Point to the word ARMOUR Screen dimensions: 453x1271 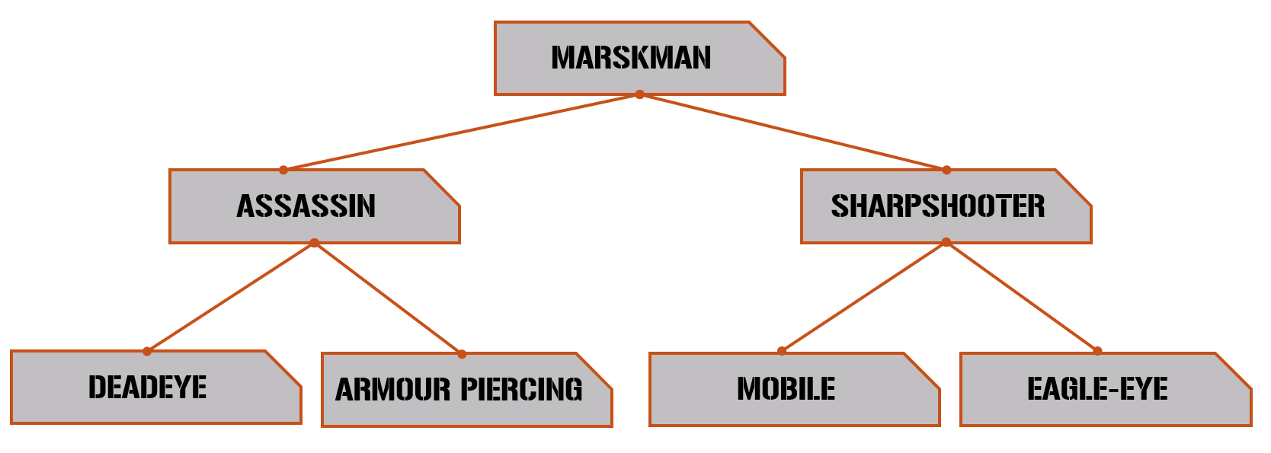coord(393,390)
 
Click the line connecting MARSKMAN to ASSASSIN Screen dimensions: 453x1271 coord(461,132)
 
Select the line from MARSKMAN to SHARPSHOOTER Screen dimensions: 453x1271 coord(792,132)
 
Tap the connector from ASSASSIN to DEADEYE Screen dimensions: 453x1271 coord(230,297)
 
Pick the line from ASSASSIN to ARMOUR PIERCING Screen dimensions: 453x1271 coord(388,298)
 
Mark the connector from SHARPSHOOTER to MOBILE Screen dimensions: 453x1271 coord(863,297)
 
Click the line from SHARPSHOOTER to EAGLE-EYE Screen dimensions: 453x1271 coord(1022,297)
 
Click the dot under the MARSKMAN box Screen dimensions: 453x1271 coord(639,94)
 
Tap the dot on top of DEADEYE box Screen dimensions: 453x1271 coord(147,351)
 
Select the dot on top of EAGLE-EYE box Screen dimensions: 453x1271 coord(1097,351)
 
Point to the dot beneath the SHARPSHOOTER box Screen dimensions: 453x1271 coord(946,242)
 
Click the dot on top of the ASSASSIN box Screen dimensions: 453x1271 coord(283,170)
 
